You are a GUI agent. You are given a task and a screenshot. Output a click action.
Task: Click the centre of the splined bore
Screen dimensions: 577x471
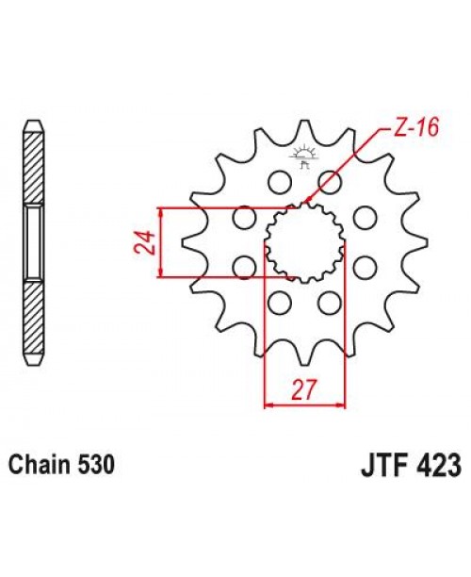click(306, 243)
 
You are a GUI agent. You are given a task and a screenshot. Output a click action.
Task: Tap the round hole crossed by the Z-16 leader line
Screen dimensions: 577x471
click(329, 181)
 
